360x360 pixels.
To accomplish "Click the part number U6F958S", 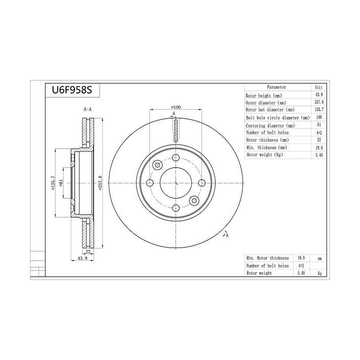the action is point(72,90).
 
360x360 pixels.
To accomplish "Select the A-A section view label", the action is point(87,109).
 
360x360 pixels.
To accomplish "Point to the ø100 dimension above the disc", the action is point(176,107).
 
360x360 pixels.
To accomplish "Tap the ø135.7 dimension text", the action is point(53,183).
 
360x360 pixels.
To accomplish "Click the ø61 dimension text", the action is point(61,183).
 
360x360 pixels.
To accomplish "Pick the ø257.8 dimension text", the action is point(100,183).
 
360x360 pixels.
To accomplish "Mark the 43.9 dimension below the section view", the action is point(82,258).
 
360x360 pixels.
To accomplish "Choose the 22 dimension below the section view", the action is point(88,251).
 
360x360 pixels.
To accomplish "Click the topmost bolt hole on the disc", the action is point(175,157).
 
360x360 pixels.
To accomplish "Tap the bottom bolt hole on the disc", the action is point(175,208).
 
